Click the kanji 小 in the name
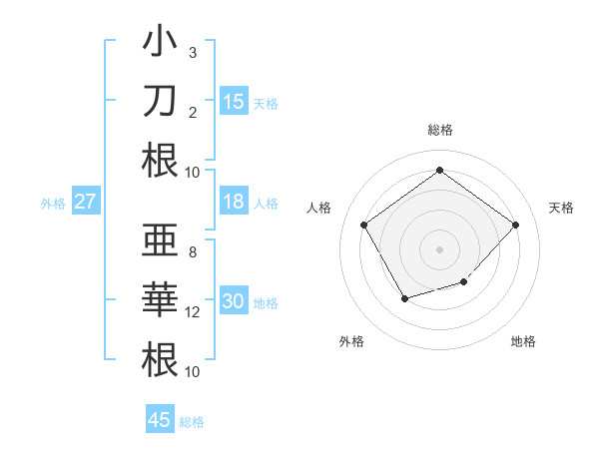coord(160,44)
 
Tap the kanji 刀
coord(160,101)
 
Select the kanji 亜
coord(160,242)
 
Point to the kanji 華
coord(160,300)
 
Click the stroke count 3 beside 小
coord(192,52)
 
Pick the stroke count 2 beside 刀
coord(192,112)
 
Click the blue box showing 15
coord(234,101)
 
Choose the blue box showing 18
coord(234,202)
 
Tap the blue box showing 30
coord(234,301)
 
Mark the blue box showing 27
coord(85,202)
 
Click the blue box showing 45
coord(160,420)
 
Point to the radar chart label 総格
coord(440,130)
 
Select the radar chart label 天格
coord(562,208)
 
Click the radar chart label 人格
coord(319,208)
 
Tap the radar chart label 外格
coord(351,341)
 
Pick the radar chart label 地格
coord(523,341)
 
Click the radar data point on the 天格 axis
coord(515,225)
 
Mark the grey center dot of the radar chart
coord(439,248)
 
